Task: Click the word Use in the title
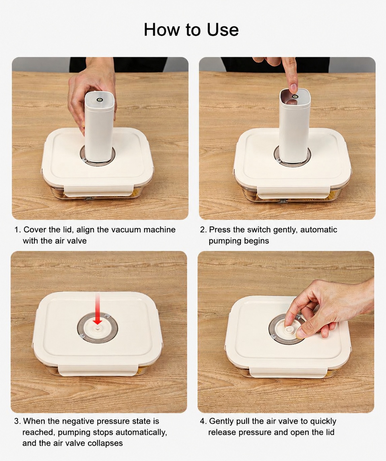(223, 30)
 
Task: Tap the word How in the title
(162, 30)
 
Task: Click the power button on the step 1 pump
(100, 100)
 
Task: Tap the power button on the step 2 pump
(294, 96)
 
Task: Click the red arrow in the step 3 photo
(97, 309)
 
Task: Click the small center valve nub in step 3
(97, 329)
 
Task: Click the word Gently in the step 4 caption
(221, 421)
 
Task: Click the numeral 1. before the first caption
(18, 230)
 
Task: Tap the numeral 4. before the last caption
(203, 421)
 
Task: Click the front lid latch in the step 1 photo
(99, 191)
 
